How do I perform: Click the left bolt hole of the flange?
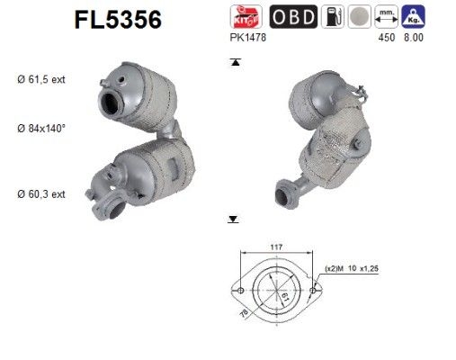238,290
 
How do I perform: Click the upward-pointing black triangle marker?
234,63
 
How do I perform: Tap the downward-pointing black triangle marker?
234,219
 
